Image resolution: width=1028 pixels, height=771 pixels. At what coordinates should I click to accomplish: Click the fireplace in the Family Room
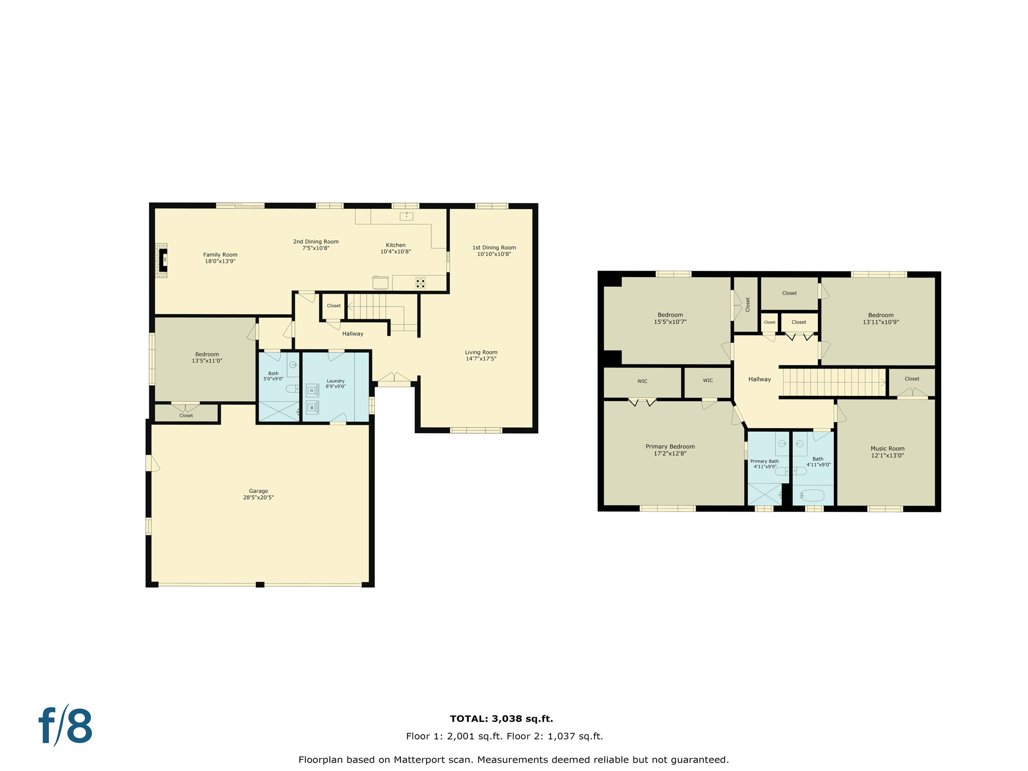[x=162, y=260]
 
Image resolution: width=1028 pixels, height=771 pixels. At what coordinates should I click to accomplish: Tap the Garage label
[x=259, y=491]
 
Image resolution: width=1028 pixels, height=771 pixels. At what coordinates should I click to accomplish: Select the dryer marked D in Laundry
[x=312, y=390]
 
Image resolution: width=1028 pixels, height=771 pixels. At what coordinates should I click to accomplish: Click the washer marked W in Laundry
[x=312, y=407]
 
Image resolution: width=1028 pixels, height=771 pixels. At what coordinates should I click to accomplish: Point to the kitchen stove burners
[x=420, y=283]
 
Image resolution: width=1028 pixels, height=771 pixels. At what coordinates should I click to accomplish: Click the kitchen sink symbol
[x=406, y=216]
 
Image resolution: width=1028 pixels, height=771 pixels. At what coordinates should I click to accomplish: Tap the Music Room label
[x=887, y=449]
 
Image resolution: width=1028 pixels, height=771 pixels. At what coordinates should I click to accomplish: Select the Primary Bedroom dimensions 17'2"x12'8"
[x=670, y=454]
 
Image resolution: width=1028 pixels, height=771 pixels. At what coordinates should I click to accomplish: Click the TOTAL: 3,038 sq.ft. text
[x=501, y=719]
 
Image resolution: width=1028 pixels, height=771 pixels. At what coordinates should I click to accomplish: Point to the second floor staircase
[x=833, y=382]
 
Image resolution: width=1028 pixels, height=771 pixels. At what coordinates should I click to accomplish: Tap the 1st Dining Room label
[x=494, y=247]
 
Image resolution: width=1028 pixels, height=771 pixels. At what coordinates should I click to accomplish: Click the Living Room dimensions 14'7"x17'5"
[x=480, y=359]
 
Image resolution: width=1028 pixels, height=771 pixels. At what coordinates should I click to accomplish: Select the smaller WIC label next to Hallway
[x=708, y=380]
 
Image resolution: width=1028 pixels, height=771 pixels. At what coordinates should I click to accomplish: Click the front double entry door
[x=395, y=378]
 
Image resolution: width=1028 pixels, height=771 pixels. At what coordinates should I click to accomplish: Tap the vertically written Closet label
[x=747, y=305]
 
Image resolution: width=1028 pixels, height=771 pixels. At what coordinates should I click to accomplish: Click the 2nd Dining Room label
[x=316, y=241]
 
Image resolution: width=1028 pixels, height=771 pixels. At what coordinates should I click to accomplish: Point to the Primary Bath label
[x=764, y=461]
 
